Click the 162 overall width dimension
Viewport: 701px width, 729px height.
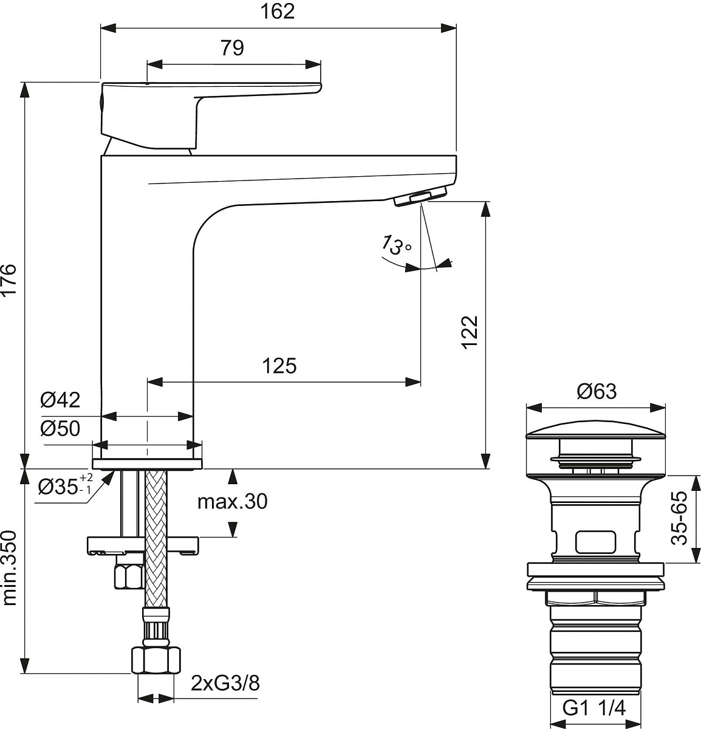point(278,11)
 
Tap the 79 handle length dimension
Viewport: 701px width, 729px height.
point(232,47)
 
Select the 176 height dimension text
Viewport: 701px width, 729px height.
point(9,280)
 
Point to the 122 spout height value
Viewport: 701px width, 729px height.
point(470,332)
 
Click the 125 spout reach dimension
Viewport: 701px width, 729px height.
point(279,366)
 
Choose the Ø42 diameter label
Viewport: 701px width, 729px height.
point(60,400)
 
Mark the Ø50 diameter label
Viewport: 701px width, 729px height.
point(60,428)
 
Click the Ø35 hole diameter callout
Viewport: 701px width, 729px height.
point(65,485)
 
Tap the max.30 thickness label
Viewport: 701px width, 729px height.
point(232,501)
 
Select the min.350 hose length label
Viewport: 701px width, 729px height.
point(9,568)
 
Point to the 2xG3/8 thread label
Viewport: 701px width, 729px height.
point(225,683)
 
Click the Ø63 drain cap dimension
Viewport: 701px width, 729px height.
point(597,391)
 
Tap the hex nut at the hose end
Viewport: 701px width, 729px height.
point(156,660)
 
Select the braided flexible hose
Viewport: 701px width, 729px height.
point(156,539)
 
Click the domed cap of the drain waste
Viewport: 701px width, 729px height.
point(596,430)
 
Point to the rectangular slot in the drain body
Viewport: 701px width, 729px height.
point(595,542)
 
